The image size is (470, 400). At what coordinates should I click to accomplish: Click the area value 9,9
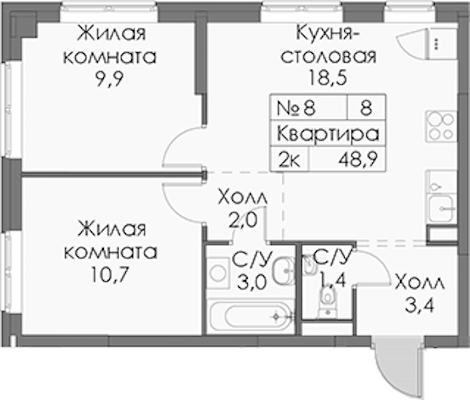coord(109,79)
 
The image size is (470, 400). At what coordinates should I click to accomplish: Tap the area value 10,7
coord(110,275)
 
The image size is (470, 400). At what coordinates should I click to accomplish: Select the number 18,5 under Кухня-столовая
coord(328,78)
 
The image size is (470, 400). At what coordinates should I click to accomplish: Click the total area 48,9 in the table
coord(357,159)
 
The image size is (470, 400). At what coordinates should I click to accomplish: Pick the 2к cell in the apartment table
coord(289,160)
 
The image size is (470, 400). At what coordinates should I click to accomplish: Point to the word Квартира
coord(328,134)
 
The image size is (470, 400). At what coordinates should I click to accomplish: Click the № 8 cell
coord(296,108)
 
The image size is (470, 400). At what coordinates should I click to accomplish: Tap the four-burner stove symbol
coord(441,126)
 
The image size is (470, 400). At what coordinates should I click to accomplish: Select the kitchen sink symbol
coord(441,207)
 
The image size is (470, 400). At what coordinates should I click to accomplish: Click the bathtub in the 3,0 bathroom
coord(251,316)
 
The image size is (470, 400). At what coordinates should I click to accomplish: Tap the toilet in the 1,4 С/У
coord(328,301)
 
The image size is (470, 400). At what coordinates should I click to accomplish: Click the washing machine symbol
coord(218,273)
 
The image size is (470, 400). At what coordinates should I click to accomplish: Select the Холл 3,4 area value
coord(419,307)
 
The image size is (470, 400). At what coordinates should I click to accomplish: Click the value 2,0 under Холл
coord(243,220)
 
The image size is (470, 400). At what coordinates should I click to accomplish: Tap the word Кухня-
coord(328,33)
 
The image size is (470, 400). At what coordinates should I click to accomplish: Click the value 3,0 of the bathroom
coord(252,283)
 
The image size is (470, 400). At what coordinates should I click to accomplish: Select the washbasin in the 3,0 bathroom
coord(283,271)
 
